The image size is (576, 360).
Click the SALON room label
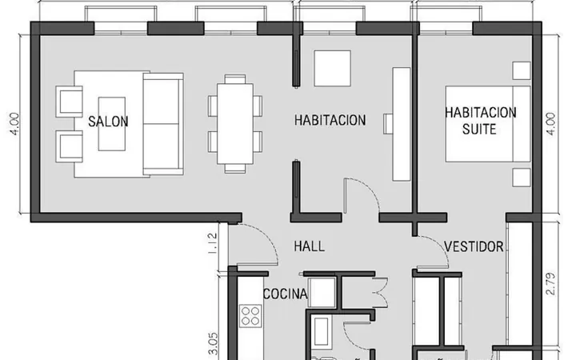click(108, 122)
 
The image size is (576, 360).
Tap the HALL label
click(310, 246)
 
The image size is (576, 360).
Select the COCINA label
click(286, 294)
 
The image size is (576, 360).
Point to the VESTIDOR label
click(474, 246)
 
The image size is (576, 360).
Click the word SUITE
click(479, 130)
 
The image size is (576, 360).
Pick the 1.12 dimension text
click(213, 243)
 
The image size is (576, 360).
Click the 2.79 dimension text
click(550, 283)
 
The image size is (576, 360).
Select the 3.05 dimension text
click(213, 343)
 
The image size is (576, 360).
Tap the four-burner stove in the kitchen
click(250, 316)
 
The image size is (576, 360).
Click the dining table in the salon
click(235, 124)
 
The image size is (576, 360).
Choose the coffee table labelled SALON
click(112, 124)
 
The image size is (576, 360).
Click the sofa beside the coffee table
click(163, 124)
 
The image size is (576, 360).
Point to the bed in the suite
click(488, 124)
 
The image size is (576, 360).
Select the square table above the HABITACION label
click(333, 68)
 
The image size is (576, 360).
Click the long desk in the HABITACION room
click(402, 124)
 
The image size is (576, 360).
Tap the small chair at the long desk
click(388, 124)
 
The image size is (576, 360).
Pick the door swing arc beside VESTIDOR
click(440, 246)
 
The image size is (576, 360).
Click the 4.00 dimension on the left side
click(14, 124)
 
